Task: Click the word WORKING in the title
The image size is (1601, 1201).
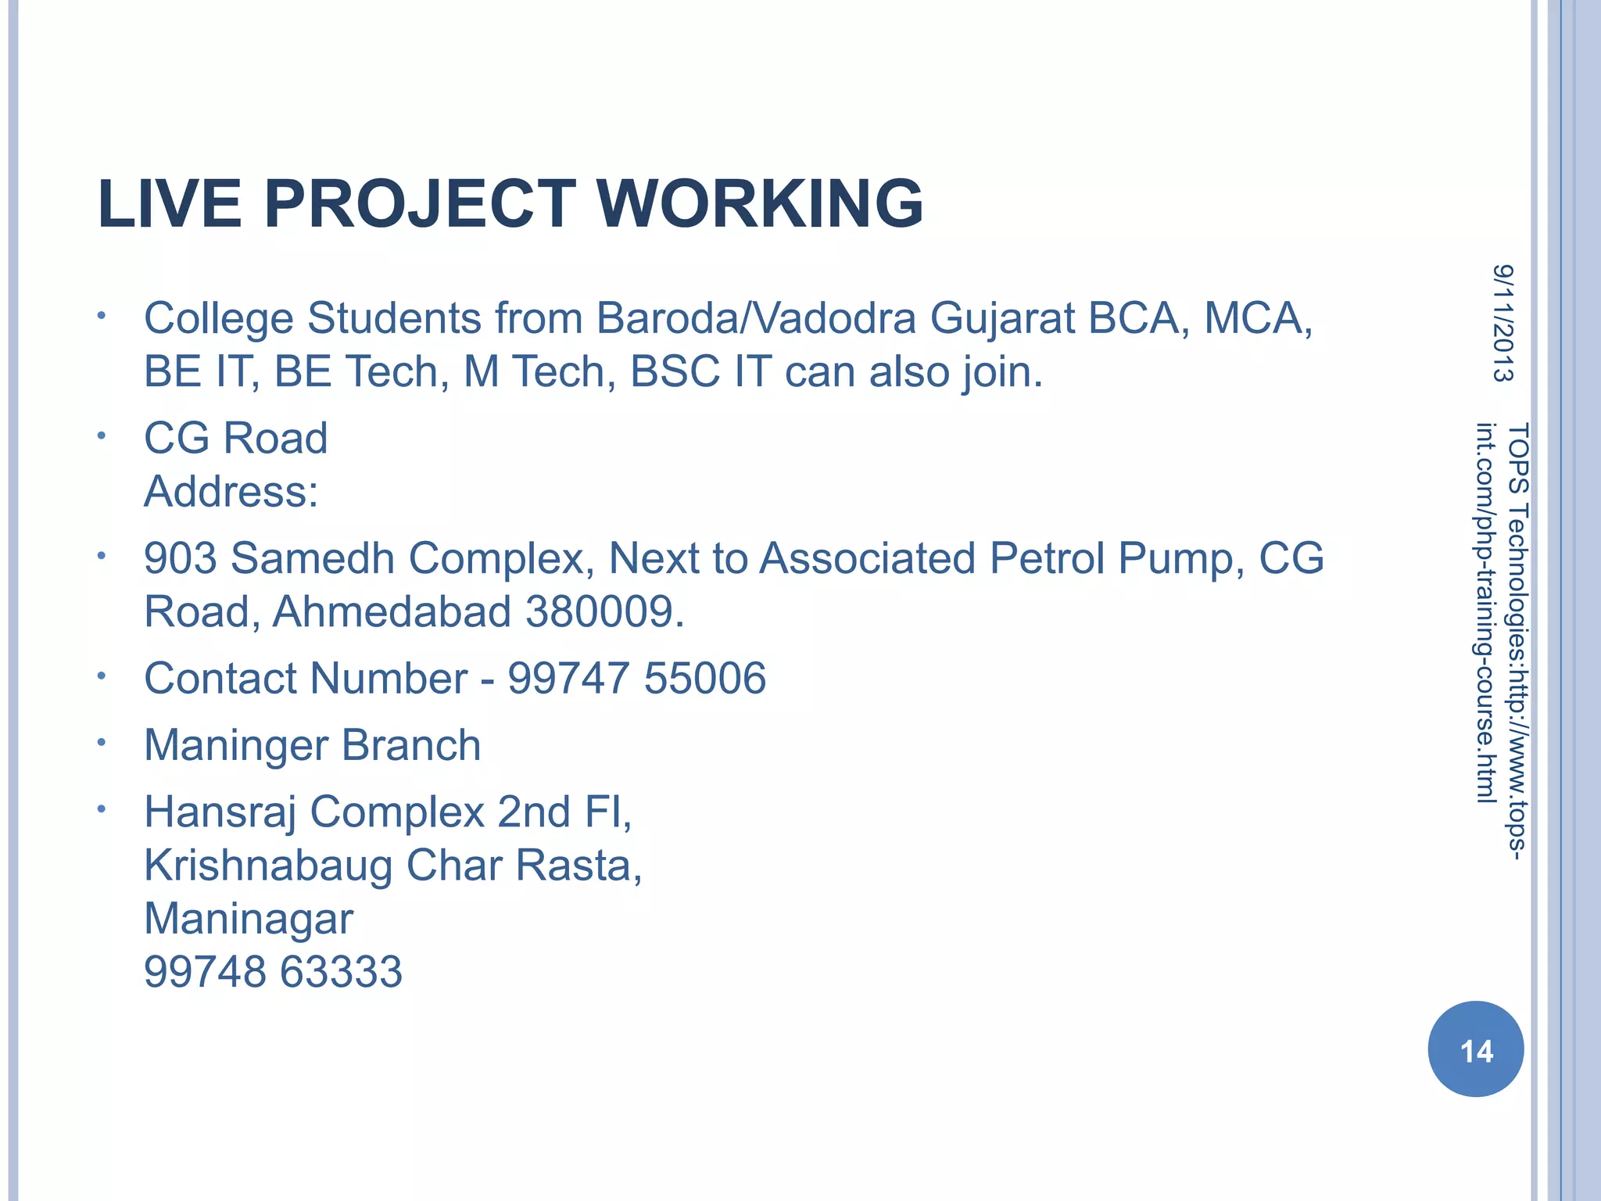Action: coord(760,205)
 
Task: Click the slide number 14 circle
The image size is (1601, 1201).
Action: coord(1475,1050)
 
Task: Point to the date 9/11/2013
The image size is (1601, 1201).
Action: coord(1503,323)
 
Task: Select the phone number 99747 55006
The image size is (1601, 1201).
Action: coord(636,678)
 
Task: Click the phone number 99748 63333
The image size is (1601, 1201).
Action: coord(273,972)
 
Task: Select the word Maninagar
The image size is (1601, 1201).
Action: coord(249,919)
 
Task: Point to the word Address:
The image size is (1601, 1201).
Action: coord(231,492)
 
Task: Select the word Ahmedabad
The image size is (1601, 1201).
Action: coord(392,611)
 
